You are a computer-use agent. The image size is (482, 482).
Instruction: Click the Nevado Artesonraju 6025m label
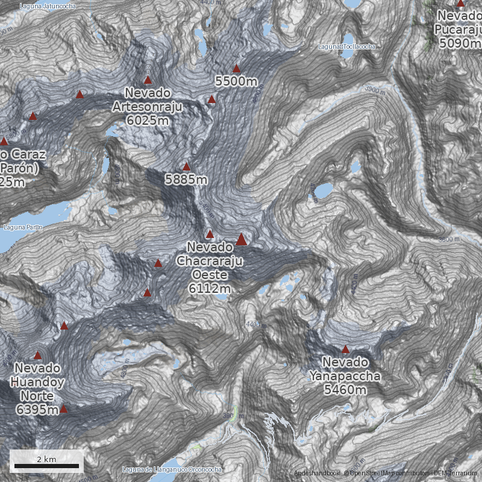click(148, 107)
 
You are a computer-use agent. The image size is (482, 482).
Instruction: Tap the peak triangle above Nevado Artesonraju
click(148, 80)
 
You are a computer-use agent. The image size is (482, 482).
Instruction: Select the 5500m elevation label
click(236, 81)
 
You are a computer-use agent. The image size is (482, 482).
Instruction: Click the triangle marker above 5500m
click(236, 68)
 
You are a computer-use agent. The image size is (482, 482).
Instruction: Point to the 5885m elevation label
click(186, 180)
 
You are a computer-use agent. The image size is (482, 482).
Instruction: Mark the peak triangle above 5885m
click(186, 167)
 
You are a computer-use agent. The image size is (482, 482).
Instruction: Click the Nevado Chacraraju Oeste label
click(210, 268)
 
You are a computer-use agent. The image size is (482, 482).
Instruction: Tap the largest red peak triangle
click(241, 240)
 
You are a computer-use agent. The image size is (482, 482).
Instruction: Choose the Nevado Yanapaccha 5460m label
click(345, 376)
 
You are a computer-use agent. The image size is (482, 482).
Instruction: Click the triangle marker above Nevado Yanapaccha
click(345, 349)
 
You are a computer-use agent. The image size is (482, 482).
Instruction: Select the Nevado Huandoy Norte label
click(37, 389)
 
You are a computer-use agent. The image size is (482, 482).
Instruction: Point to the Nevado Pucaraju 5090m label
click(460, 28)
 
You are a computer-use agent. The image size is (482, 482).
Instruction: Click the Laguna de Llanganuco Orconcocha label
click(172, 469)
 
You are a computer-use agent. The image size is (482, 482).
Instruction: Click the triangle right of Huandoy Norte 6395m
click(63, 410)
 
